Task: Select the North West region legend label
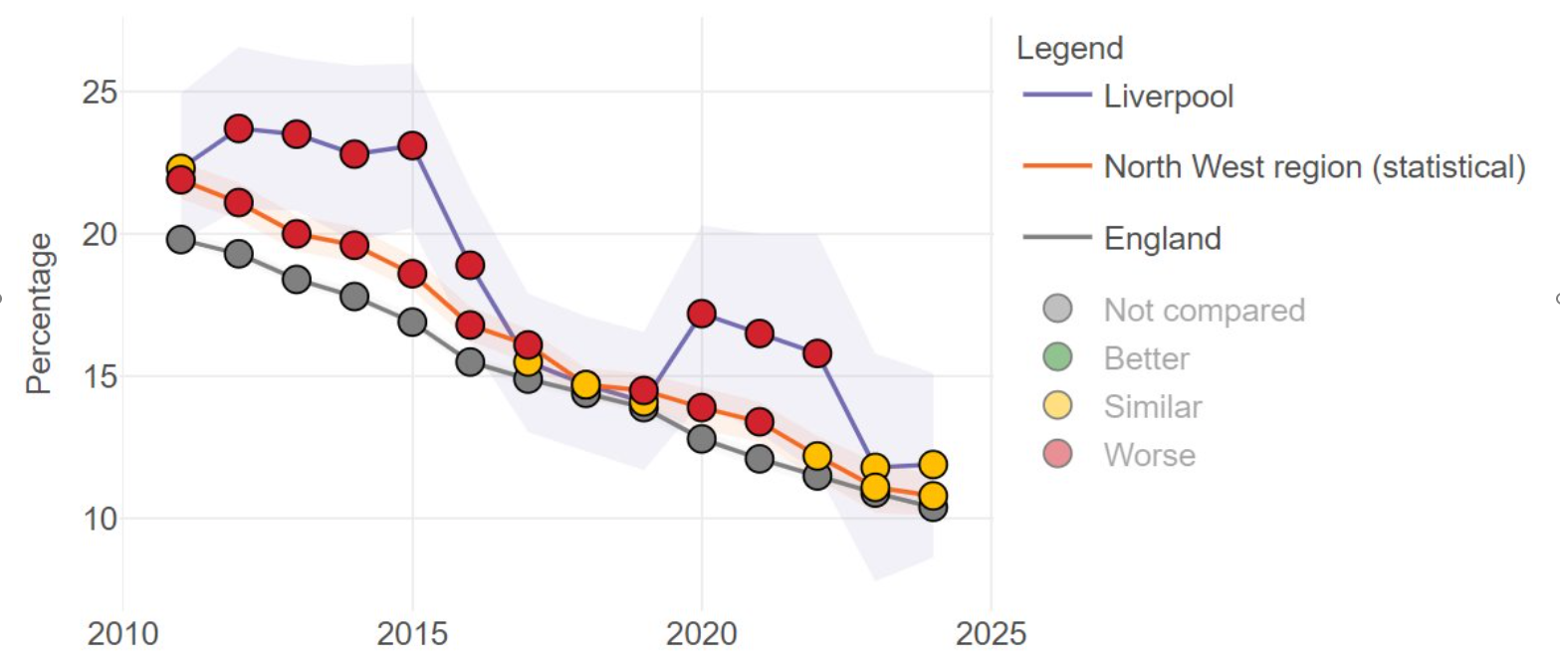(x=1314, y=167)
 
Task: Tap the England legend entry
(x=1162, y=239)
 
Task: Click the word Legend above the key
(x=1070, y=47)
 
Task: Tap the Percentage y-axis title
(x=40, y=314)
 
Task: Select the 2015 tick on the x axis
(x=412, y=633)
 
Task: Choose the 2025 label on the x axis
(x=991, y=633)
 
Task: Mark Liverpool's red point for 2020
(x=702, y=314)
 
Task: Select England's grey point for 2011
(x=180, y=239)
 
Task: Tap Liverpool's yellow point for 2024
(x=933, y=464)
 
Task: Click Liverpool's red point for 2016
(x=470, y=265)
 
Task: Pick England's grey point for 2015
(x=412, y=322)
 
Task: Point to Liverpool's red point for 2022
(x=817, y=353)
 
